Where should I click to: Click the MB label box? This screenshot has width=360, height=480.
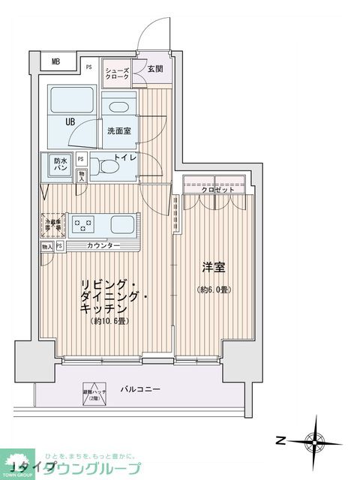click(55, 62)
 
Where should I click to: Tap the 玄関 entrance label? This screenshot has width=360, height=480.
click(155, 68)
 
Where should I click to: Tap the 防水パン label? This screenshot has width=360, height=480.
click(60, 164)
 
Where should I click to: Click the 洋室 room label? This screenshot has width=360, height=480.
click(213, 268)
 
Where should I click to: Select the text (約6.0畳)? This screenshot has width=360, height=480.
click(213, 289)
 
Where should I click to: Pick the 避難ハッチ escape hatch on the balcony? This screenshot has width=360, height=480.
click(92, 391)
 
